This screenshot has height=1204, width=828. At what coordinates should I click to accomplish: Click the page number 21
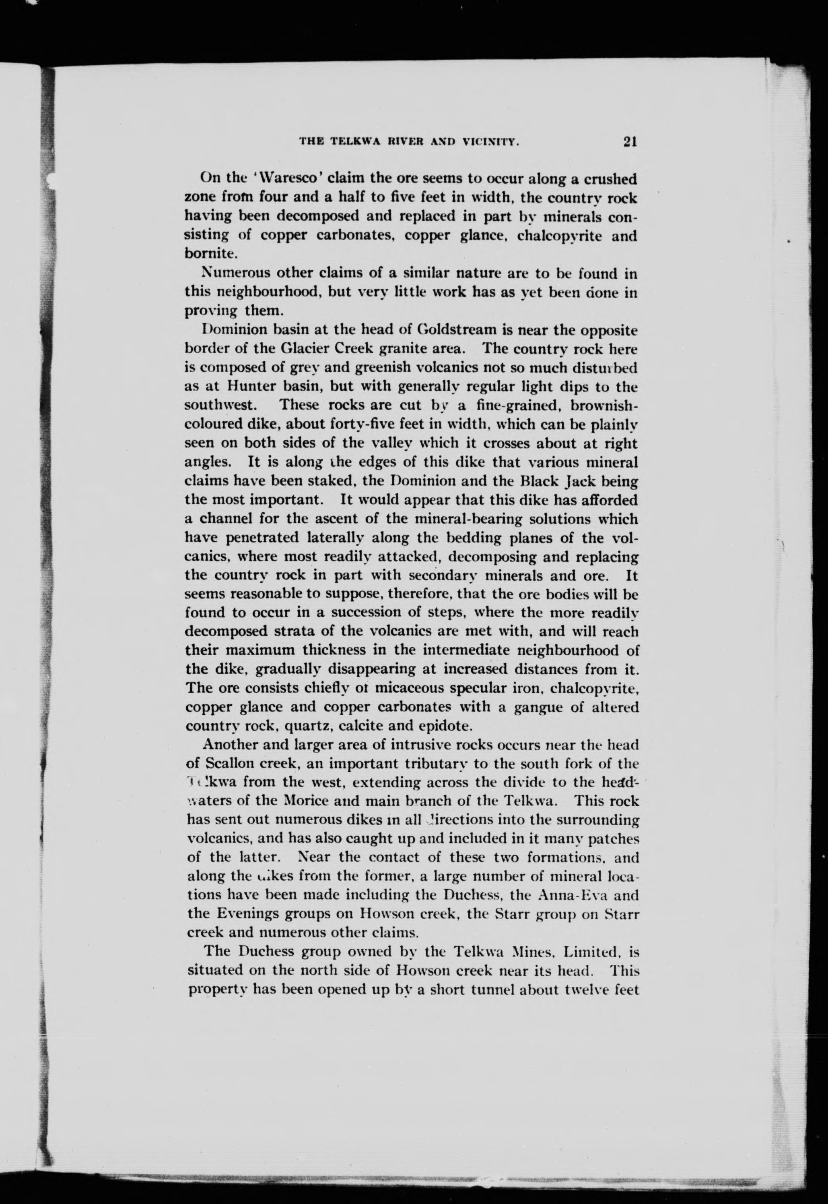point(630,142)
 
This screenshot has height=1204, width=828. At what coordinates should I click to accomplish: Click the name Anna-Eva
point(567,896)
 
